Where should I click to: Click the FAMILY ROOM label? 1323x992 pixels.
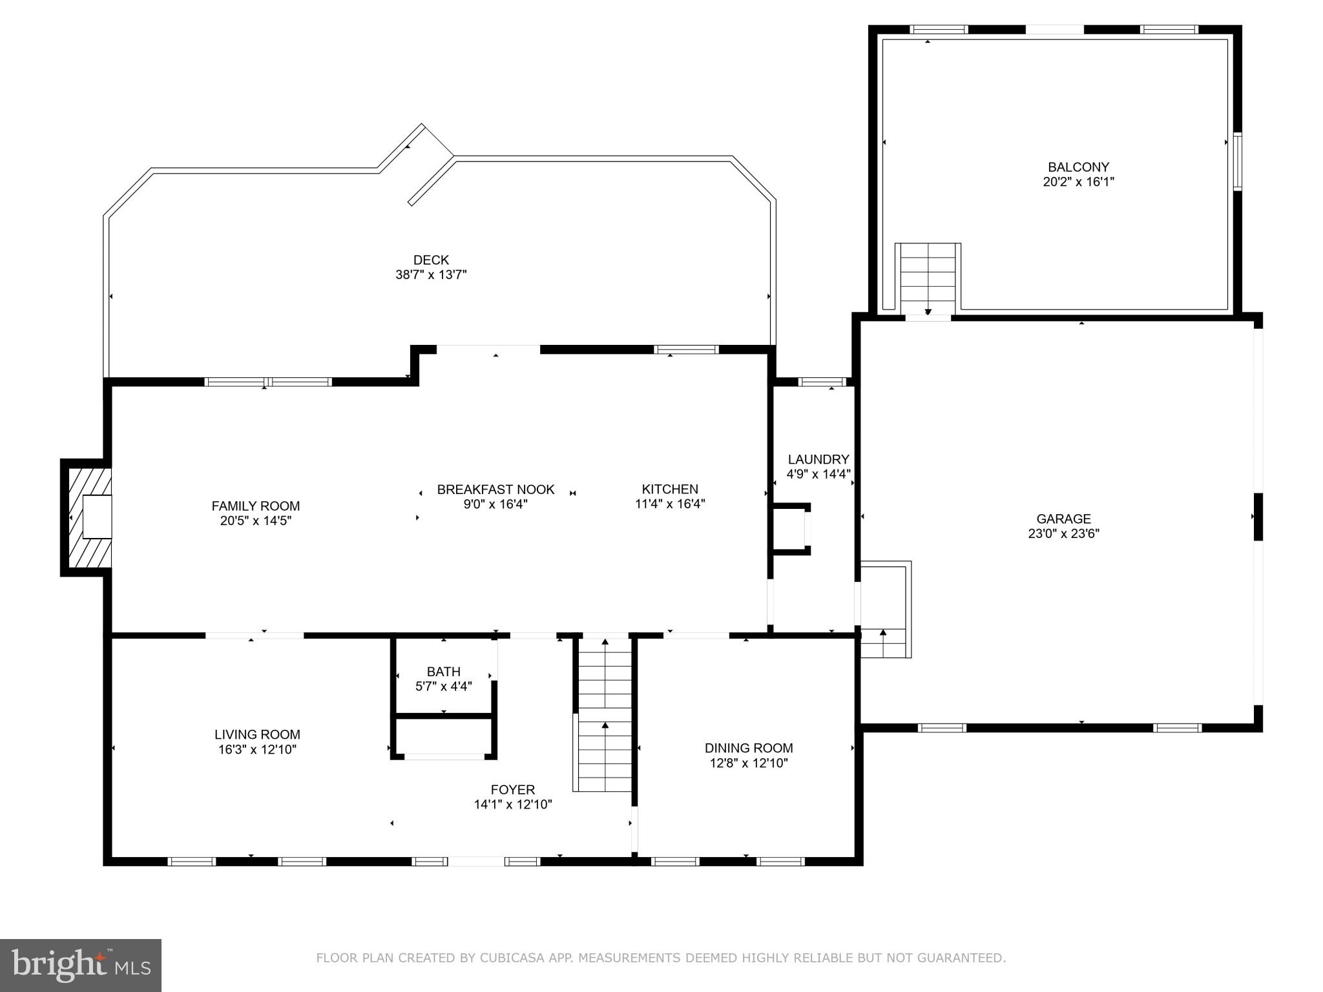click(255, 506)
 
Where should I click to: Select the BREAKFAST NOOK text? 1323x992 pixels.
click(495, 490)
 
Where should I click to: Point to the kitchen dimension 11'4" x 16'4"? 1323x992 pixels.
click(670, 504)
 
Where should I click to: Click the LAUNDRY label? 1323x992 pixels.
click(818, 459)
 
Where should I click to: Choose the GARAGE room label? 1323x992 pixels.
click(1063, 519)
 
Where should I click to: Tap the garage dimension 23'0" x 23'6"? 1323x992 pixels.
click(1063, 533)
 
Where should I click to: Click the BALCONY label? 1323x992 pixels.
click(1078, 167)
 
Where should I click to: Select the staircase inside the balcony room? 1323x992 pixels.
click(928, 278)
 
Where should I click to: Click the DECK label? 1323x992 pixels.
click(431, 260)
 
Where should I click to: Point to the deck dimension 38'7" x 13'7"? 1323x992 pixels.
click(431, 274)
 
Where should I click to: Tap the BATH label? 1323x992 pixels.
click(443, 672)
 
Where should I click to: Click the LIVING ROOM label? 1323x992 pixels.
click(257, 734)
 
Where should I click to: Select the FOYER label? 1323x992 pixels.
click(512, 789)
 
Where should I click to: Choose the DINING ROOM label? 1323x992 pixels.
click(749, 748)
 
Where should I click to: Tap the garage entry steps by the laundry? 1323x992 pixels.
click(884, 639)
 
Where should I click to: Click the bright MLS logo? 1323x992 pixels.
click(81, 965)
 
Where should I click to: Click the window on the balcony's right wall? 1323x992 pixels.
click(1237, 161)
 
